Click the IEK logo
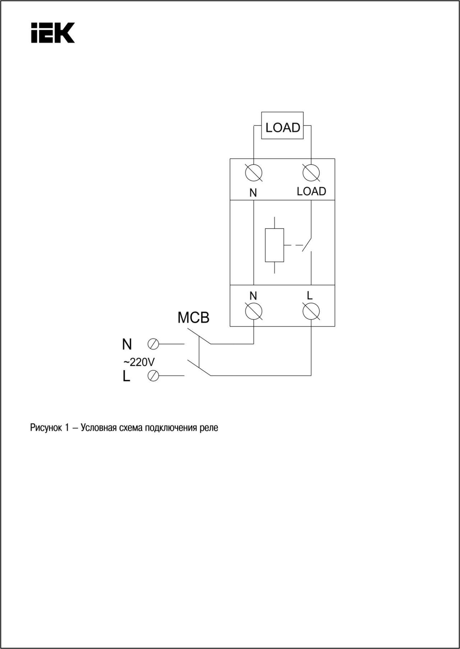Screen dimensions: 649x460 click(x=53, y=33)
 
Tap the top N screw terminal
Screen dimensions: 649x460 click(x=253, y=173)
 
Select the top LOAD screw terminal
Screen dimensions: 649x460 click(x=311, y=173)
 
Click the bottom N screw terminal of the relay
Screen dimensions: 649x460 click(x=253, y=311)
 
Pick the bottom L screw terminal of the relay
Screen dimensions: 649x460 click(x=311, y=311)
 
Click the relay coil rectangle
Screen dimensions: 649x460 click(x=274, y=245)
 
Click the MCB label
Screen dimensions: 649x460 click(x=193, y=317)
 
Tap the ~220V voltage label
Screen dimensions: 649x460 click(x=139, y=362)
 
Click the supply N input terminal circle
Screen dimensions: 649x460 click(x=153, y=344)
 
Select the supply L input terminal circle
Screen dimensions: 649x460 click(x=153, y=376)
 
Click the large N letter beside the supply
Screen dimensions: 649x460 click(x=127, y=344)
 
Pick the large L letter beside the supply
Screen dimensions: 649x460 click(x=126, y=376)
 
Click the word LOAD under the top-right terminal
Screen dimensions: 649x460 click(x=311, y=191)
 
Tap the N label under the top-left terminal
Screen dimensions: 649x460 click(x=253, y=193)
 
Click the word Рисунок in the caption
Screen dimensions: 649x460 click(x=46, y=428)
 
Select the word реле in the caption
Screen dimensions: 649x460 click(x=209, y=428)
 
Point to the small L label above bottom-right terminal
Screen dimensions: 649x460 click(x=310, y=296)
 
